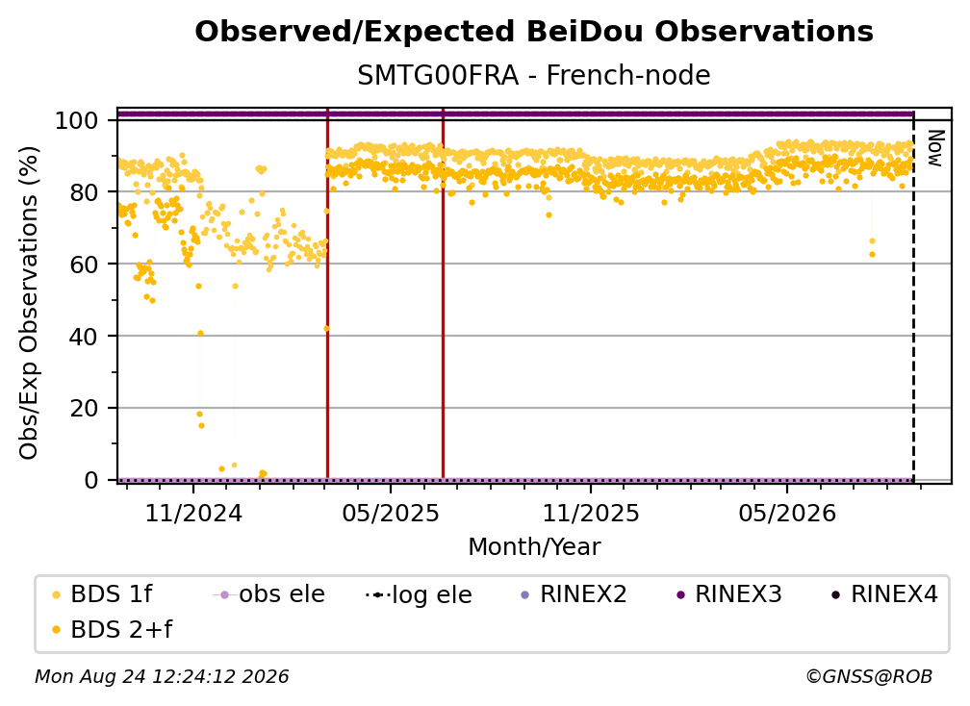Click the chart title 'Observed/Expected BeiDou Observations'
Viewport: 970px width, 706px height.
point(534,32)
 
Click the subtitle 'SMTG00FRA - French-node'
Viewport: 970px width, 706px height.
point(534,75)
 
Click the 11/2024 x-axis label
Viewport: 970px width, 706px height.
point(193,513)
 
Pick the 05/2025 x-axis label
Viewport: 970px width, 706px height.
point(391,513)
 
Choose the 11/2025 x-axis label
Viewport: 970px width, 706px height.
point(591,513)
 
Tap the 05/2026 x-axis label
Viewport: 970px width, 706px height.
point(787,513)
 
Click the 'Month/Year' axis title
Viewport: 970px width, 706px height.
point(534,546)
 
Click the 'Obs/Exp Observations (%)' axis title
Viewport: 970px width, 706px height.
point(29,302)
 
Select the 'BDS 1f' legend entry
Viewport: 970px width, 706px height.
point(103,594)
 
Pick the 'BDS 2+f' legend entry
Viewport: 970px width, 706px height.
point(113,629)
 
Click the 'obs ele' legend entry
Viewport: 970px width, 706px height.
point(269,594)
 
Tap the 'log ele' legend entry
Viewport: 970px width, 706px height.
point(419,594)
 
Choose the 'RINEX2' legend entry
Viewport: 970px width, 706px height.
point(574,594)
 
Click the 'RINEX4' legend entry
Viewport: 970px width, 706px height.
point(884,594)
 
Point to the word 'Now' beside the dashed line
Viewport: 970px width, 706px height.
point(935,148)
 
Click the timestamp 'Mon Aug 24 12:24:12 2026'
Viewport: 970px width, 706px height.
point(162,677)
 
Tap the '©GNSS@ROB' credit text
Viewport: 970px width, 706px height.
point(869,677)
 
